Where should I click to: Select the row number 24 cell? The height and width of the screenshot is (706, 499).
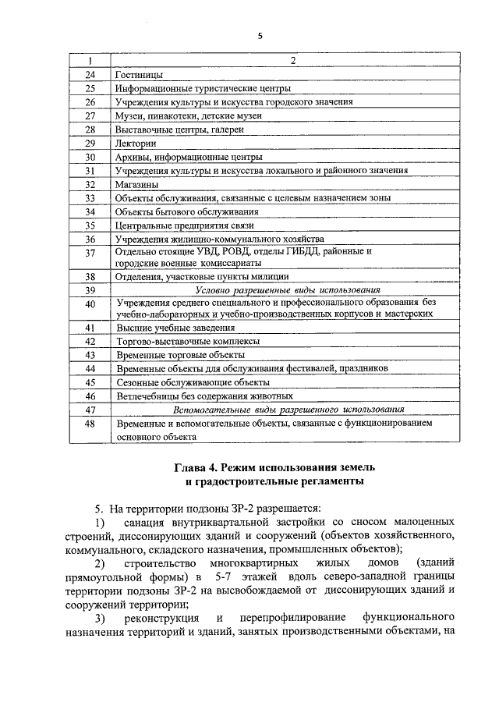coord(90,74)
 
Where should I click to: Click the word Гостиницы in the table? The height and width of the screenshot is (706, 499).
coord(139,74)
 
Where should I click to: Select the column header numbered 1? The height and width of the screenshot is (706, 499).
coord(90,61)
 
